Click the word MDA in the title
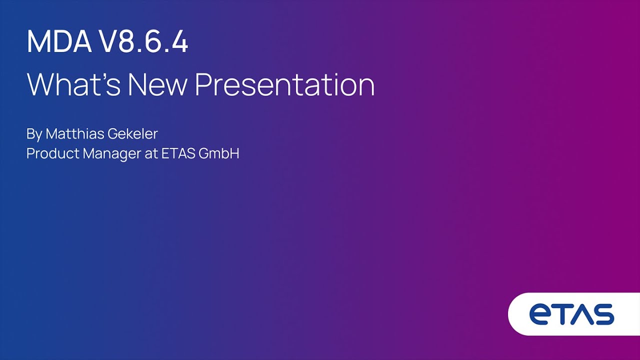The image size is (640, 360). (59, 41)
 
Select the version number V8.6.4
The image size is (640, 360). (145, 41)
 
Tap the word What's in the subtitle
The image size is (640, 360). (73, 84)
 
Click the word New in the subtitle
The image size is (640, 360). (157, 84)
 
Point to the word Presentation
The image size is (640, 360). (285, 84)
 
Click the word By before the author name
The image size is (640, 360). (34, 134)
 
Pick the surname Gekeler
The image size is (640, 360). (132, 133)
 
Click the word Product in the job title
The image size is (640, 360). (53, 153)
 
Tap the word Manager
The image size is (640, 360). (111, 154)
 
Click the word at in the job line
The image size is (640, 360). (151, 153)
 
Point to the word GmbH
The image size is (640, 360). (219, 153)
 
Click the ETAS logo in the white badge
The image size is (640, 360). (571, 314)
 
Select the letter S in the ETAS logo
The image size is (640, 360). (603, 314)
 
